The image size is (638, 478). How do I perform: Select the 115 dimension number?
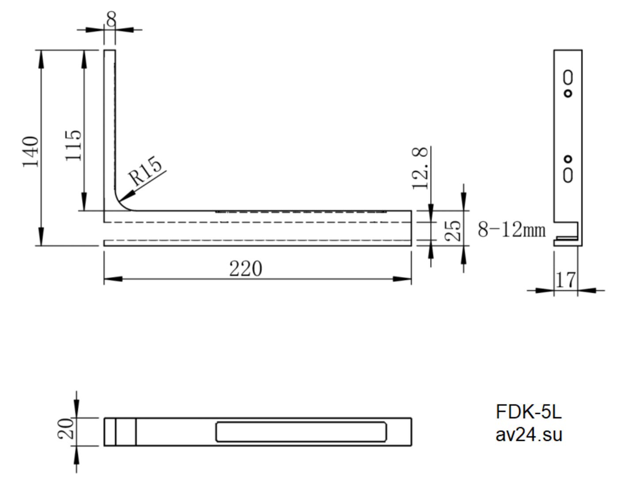pyautogui.click(x=73, y=145)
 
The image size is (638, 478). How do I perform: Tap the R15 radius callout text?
pyautogui.click(x=145, y=171)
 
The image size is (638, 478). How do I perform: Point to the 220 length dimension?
pyautogui.click(x=246, y=268)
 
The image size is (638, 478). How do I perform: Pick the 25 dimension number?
pyautogui.click(x=453, y=231)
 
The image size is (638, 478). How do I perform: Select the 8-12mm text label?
pyautogui.click(x=512, y=229)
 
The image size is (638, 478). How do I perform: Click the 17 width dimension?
pyautogui.click(x=565, y=280)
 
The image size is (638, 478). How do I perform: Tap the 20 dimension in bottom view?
pyautogui.click(x=65, y=428)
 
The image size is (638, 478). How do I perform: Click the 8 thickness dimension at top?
pyautogui.click(x=111, y=19)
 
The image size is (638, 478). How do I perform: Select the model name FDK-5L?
pyautogui.click(x=529, y=412)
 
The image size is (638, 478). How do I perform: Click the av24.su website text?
pyautogui.click(x=529, y=435)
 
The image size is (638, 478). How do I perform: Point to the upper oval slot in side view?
pyautogui.click(x=568, y=77)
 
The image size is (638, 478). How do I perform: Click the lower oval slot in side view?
pyautogui.click(x=568, y=176)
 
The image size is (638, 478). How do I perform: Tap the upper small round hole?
pyautogui.click(x=568, y=94)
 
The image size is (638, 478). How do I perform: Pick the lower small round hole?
pyautogui.click(x=568, y=159)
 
